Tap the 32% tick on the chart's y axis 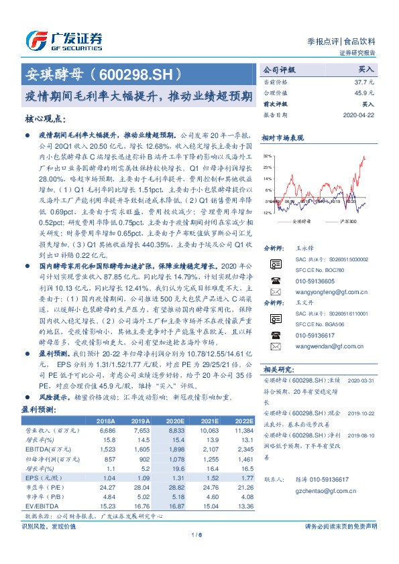click(267, 155)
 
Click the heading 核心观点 click(45, 118)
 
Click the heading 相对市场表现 click(288, 137)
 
